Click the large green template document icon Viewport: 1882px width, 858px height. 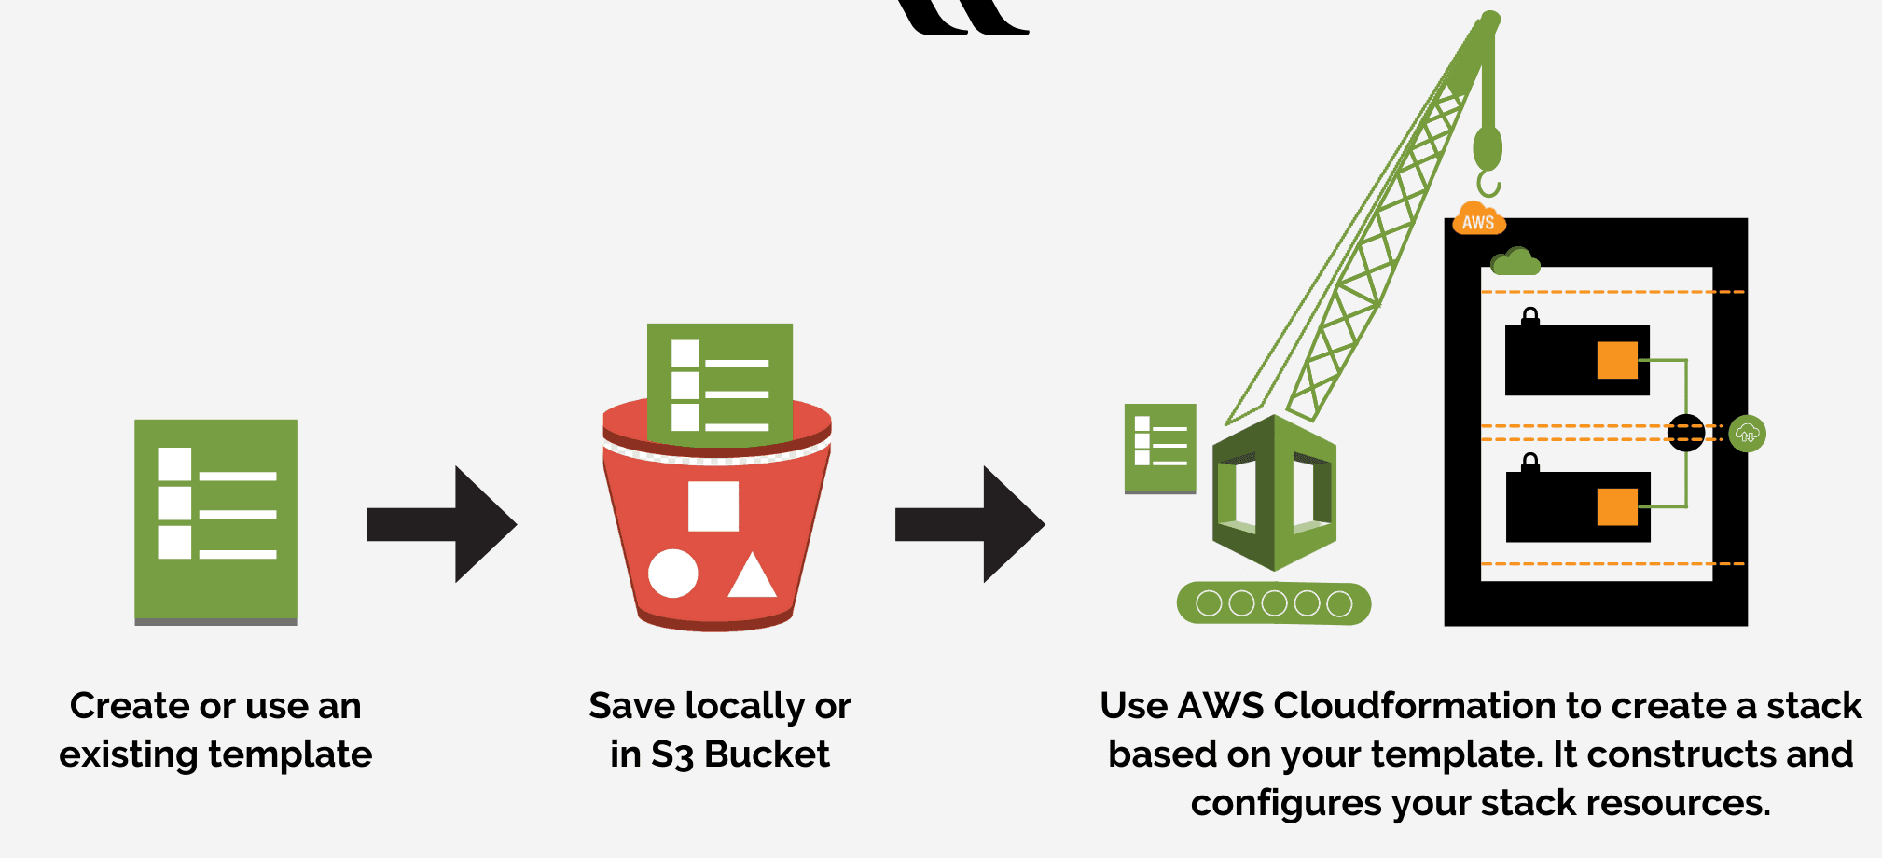click(215, 521)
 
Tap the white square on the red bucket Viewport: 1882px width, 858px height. click(713, 506)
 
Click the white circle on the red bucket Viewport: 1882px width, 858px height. click(672, 574)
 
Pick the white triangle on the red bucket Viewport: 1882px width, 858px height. click(752, 577)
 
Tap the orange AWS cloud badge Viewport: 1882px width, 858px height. click(1478, 220)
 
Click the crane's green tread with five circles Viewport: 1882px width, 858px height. click(1274, 603)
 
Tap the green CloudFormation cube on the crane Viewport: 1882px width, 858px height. click(1274, 492)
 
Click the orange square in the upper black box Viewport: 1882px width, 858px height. click(1617, 360)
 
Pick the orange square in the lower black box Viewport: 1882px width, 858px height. click(1617, 506)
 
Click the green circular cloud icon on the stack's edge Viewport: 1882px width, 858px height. click(1747, 434)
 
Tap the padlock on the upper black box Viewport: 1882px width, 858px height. click(1530, 317)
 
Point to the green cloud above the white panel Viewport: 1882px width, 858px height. click(1515, 262)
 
